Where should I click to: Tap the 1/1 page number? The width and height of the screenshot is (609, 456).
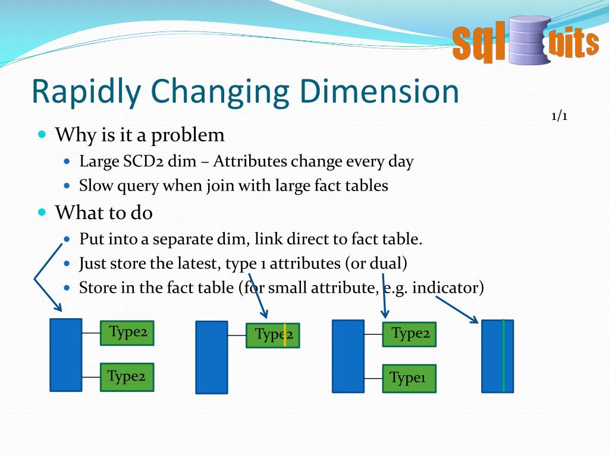tap(559, 116)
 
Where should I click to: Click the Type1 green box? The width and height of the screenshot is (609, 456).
tap(409, 378)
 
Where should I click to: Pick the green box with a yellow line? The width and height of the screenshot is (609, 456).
tap(273, 335)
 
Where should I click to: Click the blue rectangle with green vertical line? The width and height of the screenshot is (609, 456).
tap(497, 356)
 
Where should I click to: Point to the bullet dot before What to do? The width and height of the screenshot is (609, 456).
tap(42, 211)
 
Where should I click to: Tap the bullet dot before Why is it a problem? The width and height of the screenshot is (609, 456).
tap(42, 135)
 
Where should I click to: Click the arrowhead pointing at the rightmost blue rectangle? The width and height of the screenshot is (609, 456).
tap(474, 320)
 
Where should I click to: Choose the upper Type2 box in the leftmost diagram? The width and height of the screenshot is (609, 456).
tap(127, 332)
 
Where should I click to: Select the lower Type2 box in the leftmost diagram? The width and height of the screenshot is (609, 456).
tap(127, 376)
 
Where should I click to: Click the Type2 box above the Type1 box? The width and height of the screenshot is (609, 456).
tap(409, 334)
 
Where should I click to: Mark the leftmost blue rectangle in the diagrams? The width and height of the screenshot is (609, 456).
tap(65, 354)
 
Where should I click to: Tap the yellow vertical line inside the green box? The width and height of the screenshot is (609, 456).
tap(285, 335)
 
